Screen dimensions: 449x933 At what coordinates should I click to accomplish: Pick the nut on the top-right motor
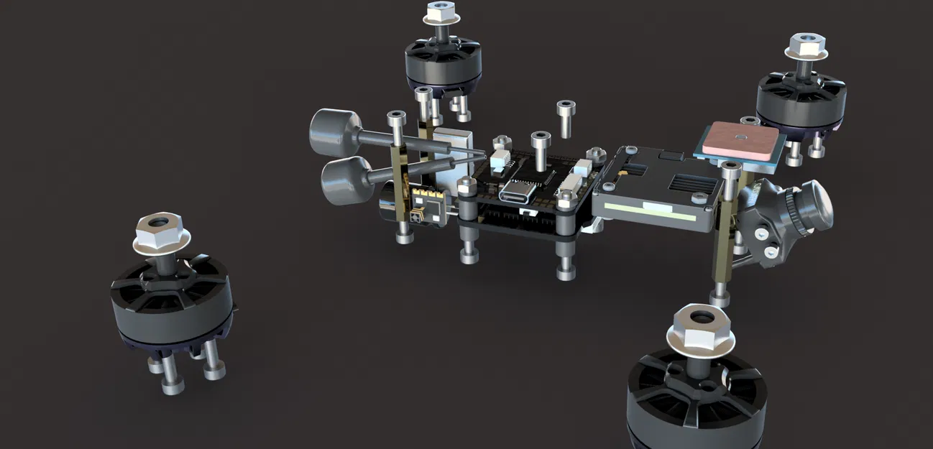point(806,47)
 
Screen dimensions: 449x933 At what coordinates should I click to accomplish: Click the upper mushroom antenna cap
point(335,133)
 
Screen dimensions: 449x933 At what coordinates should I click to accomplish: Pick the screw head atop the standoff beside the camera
point(730,169)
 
